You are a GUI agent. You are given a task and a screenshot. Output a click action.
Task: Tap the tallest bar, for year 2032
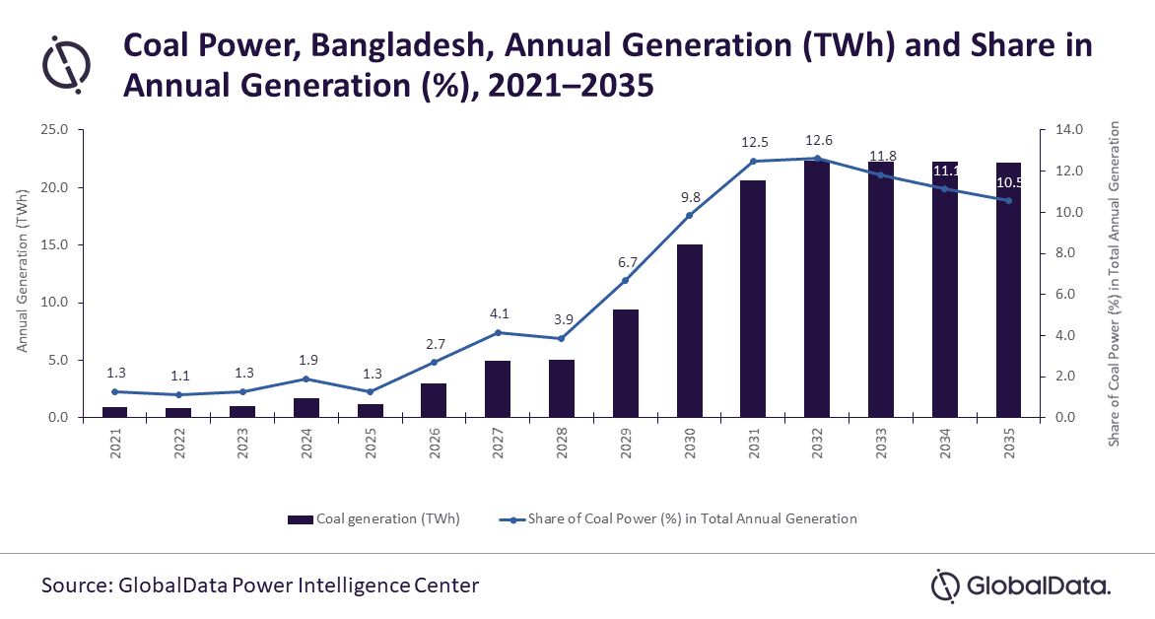(816, 288)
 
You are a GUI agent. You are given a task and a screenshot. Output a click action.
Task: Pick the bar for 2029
(625, 363)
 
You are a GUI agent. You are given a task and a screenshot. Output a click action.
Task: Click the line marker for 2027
(498, 332)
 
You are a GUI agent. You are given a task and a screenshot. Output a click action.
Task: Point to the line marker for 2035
(1007, 201)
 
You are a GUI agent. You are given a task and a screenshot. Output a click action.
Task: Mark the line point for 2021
(115, 391)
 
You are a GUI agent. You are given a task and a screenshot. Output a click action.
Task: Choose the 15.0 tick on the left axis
(51, 245)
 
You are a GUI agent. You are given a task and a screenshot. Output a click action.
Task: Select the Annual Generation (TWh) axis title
(22, 273)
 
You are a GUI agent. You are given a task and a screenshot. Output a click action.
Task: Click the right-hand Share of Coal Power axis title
(1115, 284)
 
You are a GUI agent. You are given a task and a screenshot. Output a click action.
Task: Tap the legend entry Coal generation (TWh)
(374, 518)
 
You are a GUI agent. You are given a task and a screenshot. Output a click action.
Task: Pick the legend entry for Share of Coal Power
(679, 518)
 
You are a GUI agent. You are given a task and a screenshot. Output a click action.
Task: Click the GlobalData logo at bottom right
(1022, 585)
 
